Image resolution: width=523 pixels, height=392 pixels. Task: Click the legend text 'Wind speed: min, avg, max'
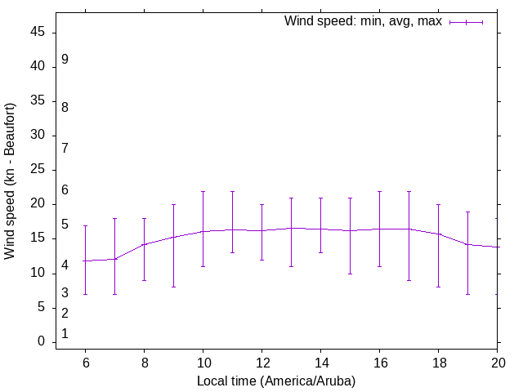point(363,21)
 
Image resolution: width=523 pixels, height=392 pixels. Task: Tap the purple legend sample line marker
point(466,22)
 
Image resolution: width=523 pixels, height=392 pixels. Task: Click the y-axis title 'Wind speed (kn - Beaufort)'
point(10,181)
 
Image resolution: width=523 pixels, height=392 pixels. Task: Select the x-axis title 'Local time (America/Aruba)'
point(276,381)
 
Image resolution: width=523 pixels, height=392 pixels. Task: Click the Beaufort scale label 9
point(65,60)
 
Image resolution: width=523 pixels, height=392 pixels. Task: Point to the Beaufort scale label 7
point(65,148)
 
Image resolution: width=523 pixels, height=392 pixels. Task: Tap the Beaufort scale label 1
point(65,334)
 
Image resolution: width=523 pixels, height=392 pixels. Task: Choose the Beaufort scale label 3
point(65,292)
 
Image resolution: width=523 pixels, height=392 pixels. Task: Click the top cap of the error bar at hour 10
point(203,191)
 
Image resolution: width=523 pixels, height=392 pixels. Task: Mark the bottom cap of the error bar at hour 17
point(409,280)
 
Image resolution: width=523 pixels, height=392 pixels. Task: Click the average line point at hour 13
point(291,228)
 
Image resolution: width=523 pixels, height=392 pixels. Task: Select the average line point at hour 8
point(144,244)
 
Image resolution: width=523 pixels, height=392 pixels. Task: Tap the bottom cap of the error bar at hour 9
point(173,287)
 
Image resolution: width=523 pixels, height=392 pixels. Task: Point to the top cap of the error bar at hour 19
point(467,212)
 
